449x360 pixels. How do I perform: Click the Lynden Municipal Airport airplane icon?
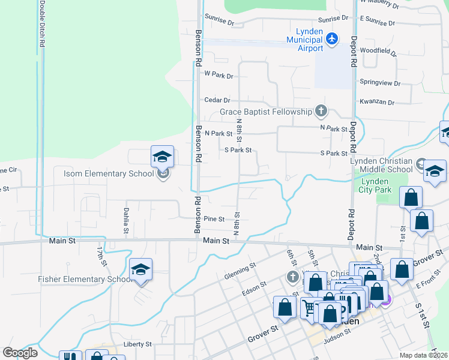[333, 40]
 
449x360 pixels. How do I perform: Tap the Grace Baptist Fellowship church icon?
[322, 111]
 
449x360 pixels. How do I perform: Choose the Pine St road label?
[214, 219]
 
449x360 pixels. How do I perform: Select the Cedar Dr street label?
[217, 100]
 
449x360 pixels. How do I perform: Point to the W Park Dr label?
[218, 75]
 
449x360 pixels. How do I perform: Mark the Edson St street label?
[254, 288]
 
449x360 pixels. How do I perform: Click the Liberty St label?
[137, 344]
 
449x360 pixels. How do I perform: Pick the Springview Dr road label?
[379, 82]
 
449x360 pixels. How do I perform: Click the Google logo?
[20, 353]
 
